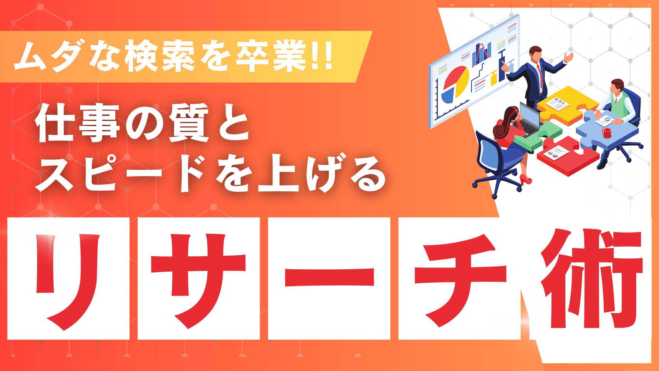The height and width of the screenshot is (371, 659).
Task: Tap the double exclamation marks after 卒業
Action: (323, 56)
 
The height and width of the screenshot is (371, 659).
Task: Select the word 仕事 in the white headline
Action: (77, 123)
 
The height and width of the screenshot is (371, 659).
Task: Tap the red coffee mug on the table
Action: (606, 133)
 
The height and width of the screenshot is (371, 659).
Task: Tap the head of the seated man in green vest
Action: (617, 86)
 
